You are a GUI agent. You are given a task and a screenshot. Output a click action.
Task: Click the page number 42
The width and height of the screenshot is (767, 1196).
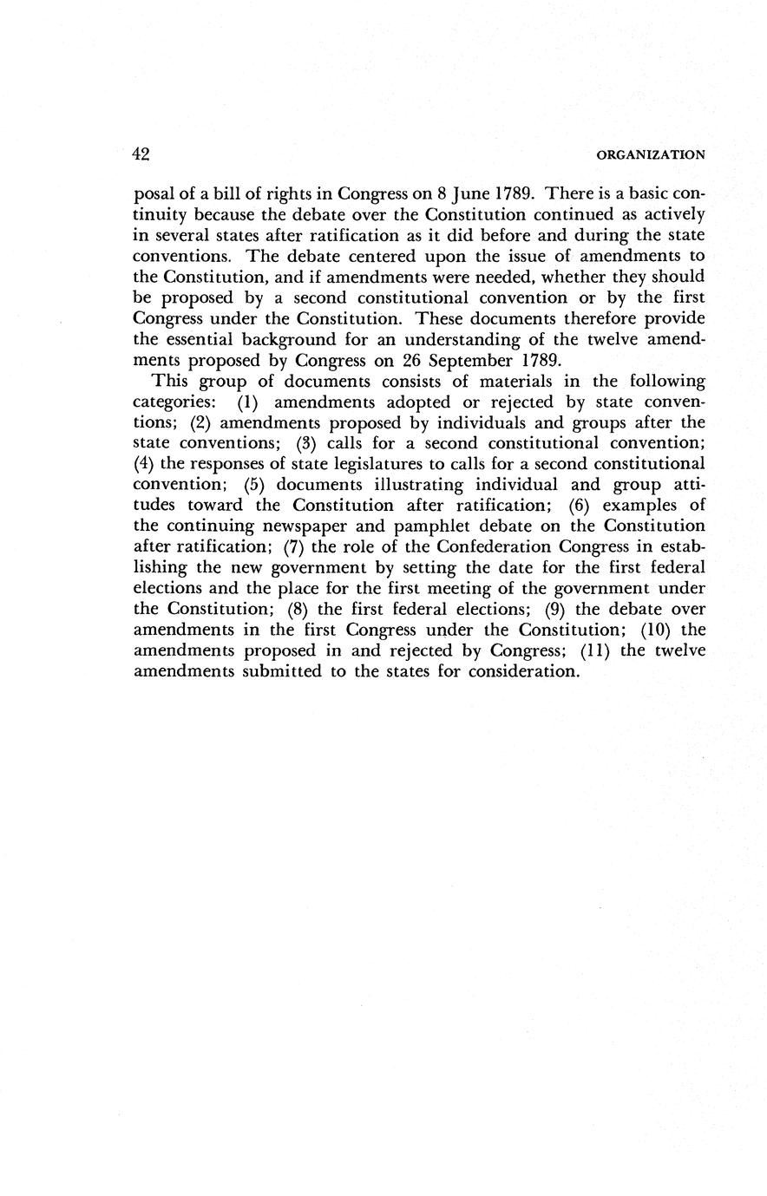[142, 154]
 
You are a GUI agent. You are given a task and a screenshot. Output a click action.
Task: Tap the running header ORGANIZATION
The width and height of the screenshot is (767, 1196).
[652, 155]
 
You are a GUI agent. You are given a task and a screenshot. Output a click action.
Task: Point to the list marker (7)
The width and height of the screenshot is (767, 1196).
[296, 546]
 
